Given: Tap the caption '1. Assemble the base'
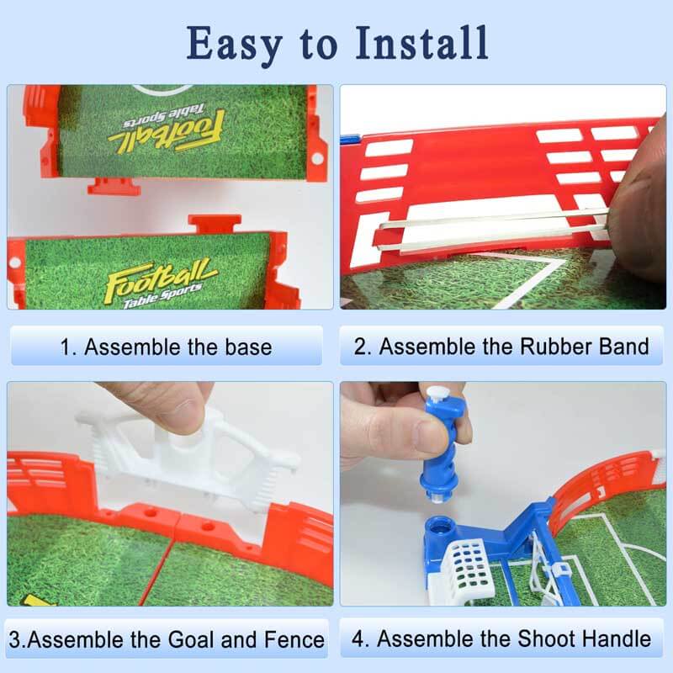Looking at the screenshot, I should click(x=166, y=347).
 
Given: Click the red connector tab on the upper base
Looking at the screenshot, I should click(x=114, y=183).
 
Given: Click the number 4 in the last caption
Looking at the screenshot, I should click(x=359, y=639).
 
